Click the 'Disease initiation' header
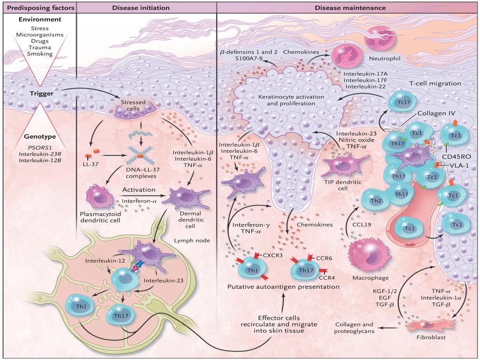[141, 7]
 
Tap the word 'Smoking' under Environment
[40, 54]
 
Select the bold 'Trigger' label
[42, 94]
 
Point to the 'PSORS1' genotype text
[40, 148]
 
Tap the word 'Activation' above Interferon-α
[139, 190]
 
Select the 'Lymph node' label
[192, 240]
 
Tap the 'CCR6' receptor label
[324, 258]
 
